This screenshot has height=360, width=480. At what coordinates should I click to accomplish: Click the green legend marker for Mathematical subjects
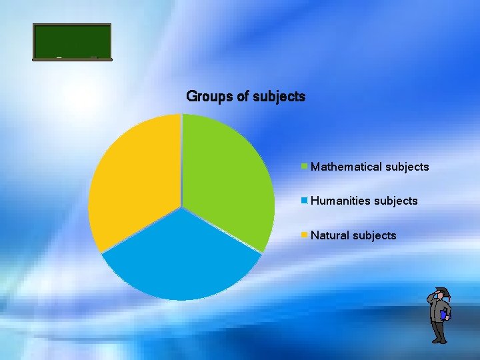point(305,167)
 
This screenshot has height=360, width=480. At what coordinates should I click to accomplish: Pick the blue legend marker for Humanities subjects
point(305,200)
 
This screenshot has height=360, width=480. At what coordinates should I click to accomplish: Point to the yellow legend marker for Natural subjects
point(305,235)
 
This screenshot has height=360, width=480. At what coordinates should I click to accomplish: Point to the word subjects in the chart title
point(279,97)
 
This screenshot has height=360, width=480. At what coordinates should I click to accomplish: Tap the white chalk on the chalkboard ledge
point(59,57)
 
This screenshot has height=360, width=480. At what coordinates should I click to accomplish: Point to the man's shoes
point(439,341)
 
